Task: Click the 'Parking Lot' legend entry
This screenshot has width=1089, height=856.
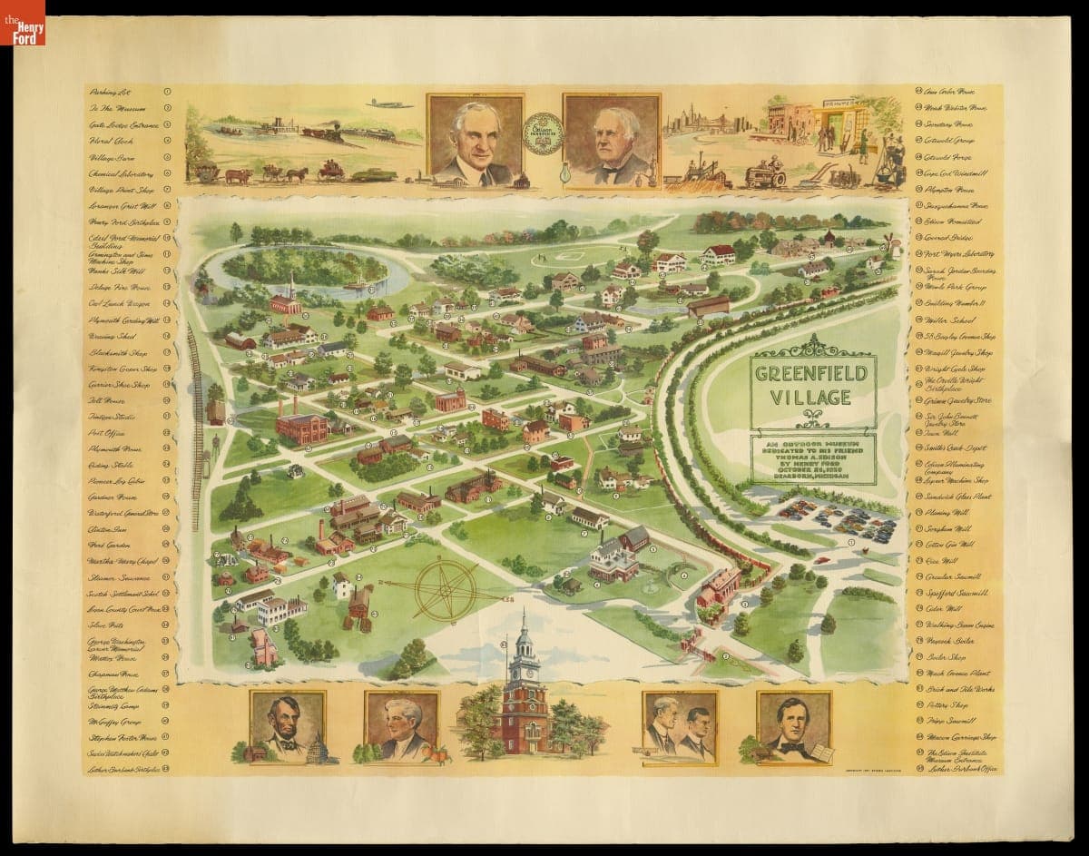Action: coord(109,92)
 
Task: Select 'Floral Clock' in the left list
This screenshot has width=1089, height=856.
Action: coord(110,141)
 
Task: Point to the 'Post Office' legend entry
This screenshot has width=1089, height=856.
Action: coord(108,433)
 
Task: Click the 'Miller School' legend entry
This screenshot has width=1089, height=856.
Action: coord(944,320)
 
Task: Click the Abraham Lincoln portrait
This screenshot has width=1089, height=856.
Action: coord(288,726)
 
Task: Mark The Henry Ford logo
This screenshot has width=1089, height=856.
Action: coord(23,23)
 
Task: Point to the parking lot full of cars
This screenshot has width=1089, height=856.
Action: coord(835,520)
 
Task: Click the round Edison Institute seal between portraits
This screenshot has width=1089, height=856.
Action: coord(544,133)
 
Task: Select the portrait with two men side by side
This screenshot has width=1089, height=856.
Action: coord(679,726)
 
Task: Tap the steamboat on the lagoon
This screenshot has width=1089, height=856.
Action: coord(356,283)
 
